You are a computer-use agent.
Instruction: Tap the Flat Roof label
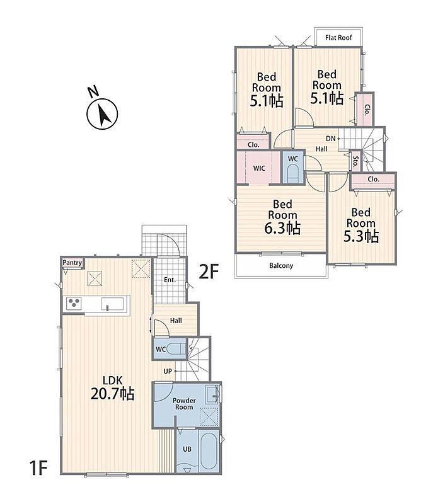pyautogui.click(x=338, y=38)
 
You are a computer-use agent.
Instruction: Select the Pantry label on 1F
pyautogui.click(x=72, y=263)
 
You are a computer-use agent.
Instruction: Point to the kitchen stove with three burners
pyautogui.click(x=74, y=304)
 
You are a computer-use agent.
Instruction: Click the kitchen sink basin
pyautogui.click(x=112, y=304)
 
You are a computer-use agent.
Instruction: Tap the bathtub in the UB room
pyautogui.click(x=209, y=451)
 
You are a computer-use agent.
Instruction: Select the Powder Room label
pyautogui.click(x=184, y=404)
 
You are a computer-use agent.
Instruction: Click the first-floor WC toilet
pyautogui.click(x=177, y=349)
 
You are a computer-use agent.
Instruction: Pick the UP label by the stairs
pyautogui.click(x=168, y=371)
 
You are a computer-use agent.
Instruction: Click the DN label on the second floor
pyautogui.click(x=331, y=139)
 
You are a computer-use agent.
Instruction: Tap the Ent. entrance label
pyautogui.click(x=170, y=280)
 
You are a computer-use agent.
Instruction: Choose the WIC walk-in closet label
pyautogui.click(x=259, y=168)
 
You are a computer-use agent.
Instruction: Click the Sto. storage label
pyautogui.click(x=355, y=162)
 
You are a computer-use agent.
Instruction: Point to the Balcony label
pyautogui.click(x=281, y=266)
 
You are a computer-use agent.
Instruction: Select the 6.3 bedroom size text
pyautogui.click(x=282, y=228)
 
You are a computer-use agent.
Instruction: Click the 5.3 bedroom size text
pyautogui.click(x=361, y=236)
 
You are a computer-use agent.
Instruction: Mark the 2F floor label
pyautogui.click(x=209, y=272)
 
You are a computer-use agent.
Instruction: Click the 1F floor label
pyautogui.click(x=38, y=467)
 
